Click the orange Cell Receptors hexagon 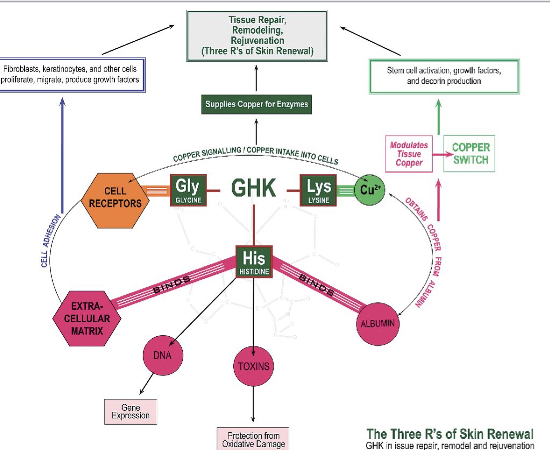pyautogui.click(x=115, y=201)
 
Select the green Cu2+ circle pyautogui.click(x=370, y=190)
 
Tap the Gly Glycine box pyautogui.click(x=188, y=190)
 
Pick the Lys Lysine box pyautogui.click(x=318, y=190)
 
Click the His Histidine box pyautogui.click(x=254, y=262)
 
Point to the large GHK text pyautogui.click(x=254, y=188)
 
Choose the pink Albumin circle pyautogui.click(x=378, y=324)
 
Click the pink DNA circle pyautogui.click(x=163, y=355)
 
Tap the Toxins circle pyautogui.click(x=254, y=366)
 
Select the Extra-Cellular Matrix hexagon pyautogui.click(x=87, y=318)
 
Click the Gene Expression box pyautogui.click(x=131, y=412)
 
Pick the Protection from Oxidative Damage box pyautogui.click(x=253, y=439)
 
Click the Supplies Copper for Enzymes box pyautogui.click(x=256, y=104)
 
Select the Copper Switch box pyautogui.click(x=469, y=154)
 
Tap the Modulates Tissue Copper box pyautogui.click(x=409, y=154)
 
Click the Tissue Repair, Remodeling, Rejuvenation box pyautogui.click(x=257, y=36)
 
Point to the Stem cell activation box pyautogui.click(x=444, y=76)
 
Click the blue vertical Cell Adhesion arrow pyautogui.click(x=62, y=155)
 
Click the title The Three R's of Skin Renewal pyautogui.click(x=449, y=434)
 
